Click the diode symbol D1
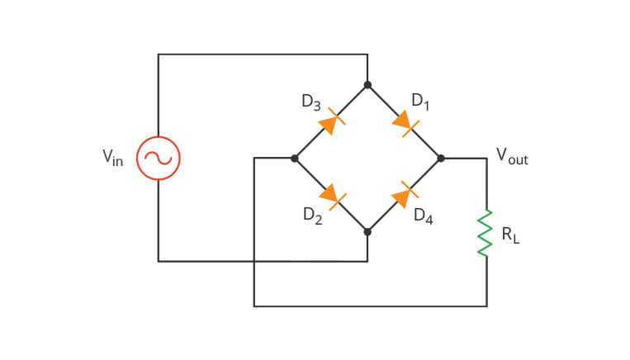(405, 122)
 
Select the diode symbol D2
(330, 195)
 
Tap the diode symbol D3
(330, 122)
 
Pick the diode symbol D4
(404, 195)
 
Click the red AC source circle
(158, 158)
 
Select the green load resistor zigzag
(486, 232)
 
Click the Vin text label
(112, 157)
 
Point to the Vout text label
(511, 155)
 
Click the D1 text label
(420, 102)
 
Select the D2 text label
(311, 216)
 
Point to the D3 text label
(310, 102)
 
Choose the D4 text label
(423, 216)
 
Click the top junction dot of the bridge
(367, 85)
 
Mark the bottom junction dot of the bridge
(367, 232)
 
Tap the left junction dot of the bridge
(294, 158)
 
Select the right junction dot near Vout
(441, 158)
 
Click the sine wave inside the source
(158, 158)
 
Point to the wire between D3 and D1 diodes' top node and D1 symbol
(383, 101)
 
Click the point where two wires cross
(254, 262)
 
